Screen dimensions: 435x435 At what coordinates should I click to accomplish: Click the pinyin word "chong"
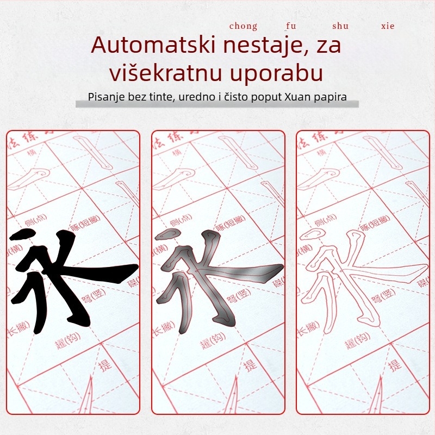coord(243,26)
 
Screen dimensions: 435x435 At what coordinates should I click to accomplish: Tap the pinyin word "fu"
coord(291,26)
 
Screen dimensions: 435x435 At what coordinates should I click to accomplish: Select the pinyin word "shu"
coord(340,26)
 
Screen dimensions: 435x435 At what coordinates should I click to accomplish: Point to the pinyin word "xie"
coord(388,26)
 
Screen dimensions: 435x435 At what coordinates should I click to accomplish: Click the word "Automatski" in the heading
coord(153,45)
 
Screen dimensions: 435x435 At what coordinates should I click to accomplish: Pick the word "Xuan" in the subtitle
coord(296,98)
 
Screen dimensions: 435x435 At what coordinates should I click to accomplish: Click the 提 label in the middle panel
coord(250,364)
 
